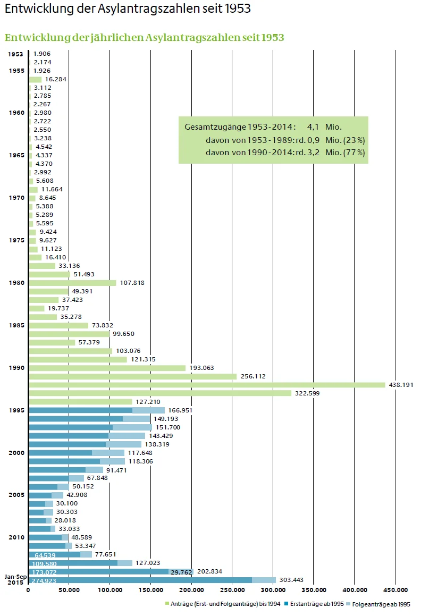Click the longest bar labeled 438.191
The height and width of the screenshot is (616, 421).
[207, 385]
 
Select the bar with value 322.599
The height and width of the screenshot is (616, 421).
[160, 393]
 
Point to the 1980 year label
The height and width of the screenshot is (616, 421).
[16, 283]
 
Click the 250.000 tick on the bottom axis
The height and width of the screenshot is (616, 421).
[232, 589]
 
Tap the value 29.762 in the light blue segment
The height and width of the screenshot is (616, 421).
[181, 572]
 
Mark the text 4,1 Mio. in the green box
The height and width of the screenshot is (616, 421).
[324, 128]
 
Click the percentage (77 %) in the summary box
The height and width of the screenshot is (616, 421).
[355, 153]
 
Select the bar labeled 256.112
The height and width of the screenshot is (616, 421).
[133, 376]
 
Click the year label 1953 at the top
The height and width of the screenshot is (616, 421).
[15, 54]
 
